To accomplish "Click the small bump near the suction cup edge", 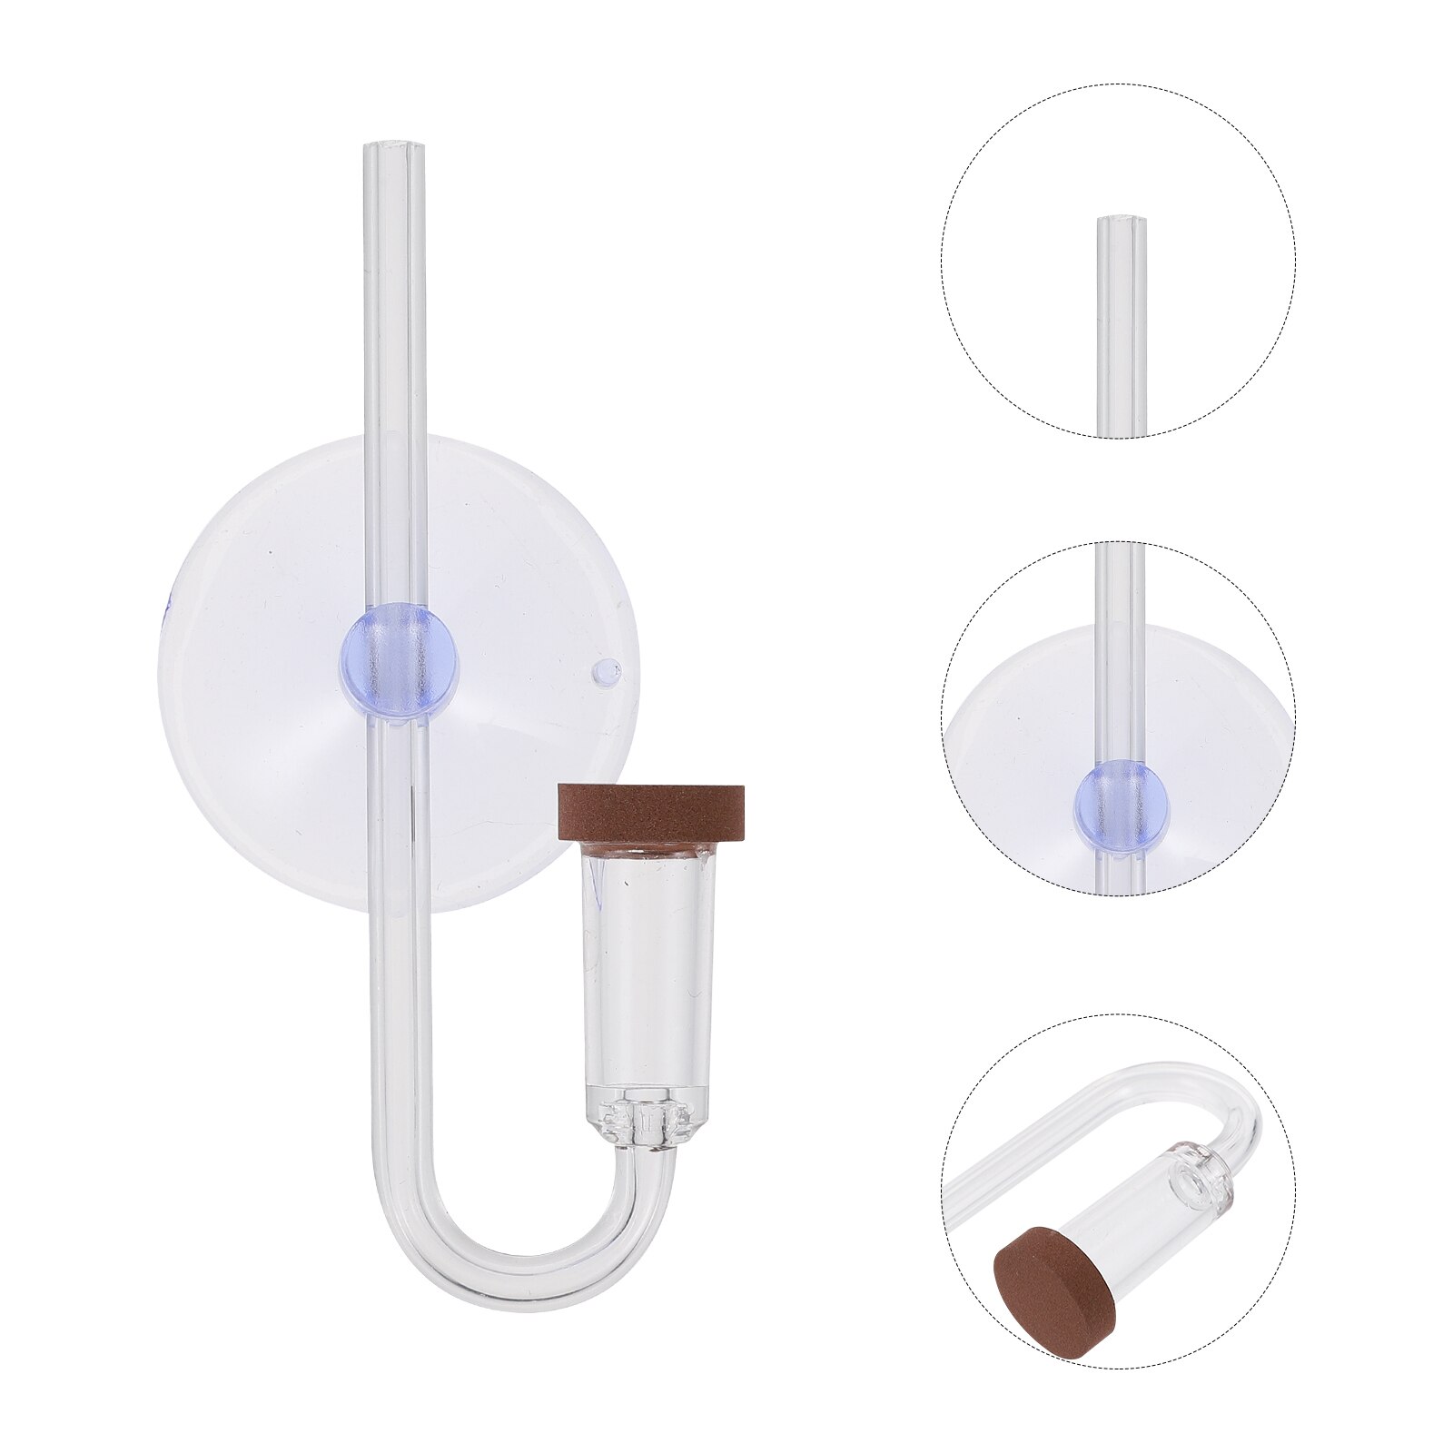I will pos(603,672).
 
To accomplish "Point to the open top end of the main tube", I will pos(395,146).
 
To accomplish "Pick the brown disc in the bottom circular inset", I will pos(1043,1270).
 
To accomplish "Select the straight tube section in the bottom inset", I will pos(1044,1135).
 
